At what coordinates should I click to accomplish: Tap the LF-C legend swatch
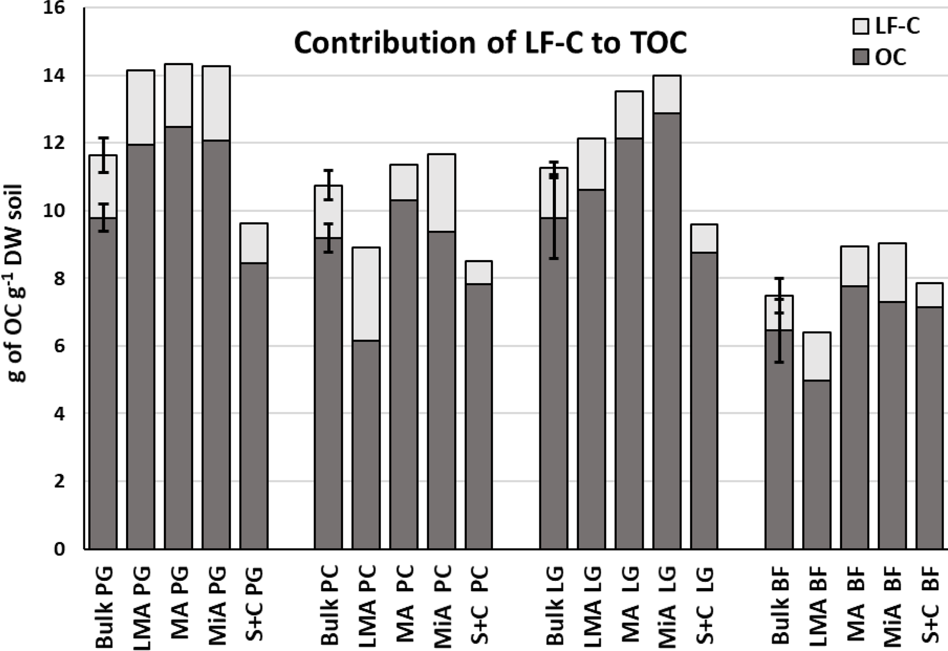click(861, 26)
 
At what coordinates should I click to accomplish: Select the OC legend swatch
click(861, 58)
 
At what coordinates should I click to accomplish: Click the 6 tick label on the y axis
click(59, 346)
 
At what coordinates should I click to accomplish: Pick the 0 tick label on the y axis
click(59, 549)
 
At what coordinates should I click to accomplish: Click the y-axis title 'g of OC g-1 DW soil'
click(17, 283)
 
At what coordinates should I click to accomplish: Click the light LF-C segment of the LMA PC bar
click(366, 293)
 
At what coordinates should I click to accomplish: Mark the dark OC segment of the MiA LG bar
click(667, 330)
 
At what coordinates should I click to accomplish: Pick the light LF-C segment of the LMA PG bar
click(141, 107)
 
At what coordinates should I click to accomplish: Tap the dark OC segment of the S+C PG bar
click(254, 406)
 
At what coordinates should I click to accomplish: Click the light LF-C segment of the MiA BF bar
click(892, 272)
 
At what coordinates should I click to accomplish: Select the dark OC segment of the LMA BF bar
click(817, 464)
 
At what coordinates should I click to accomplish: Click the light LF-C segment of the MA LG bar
click(629, 115)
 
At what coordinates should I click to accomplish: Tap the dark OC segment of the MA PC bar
click(404, 374)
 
